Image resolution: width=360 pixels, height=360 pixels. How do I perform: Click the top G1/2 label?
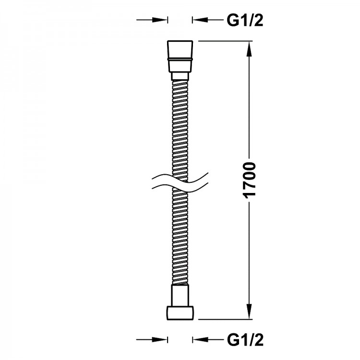pos(245,21)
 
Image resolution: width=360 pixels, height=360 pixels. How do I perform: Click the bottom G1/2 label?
pos(245,339)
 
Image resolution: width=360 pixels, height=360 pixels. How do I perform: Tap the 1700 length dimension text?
pos(250,180)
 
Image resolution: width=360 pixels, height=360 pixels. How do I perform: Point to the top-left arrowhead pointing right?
pos(159,20)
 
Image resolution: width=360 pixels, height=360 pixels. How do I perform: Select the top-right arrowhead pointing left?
pos(201,20)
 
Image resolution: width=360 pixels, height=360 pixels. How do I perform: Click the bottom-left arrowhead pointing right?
pos(159,339)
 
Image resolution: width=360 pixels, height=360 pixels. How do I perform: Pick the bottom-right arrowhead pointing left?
pos(201,339)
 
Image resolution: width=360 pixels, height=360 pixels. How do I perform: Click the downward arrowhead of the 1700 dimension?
pos(249,312)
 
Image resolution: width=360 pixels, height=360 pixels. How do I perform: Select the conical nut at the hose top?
pos(180,57)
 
